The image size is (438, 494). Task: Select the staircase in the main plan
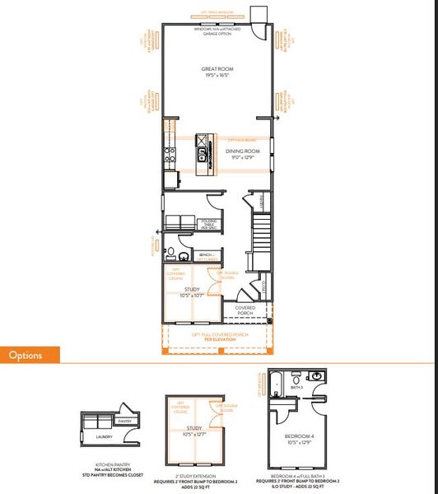pyautogui.click(x=262, y=239)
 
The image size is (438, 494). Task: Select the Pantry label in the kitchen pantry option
pyautogui.click(x=124, y=421)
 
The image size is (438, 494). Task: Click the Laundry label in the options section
pyautogui.click(x=102, y=436)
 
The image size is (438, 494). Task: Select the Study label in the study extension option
pyautogui.click(x=195, y=428)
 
